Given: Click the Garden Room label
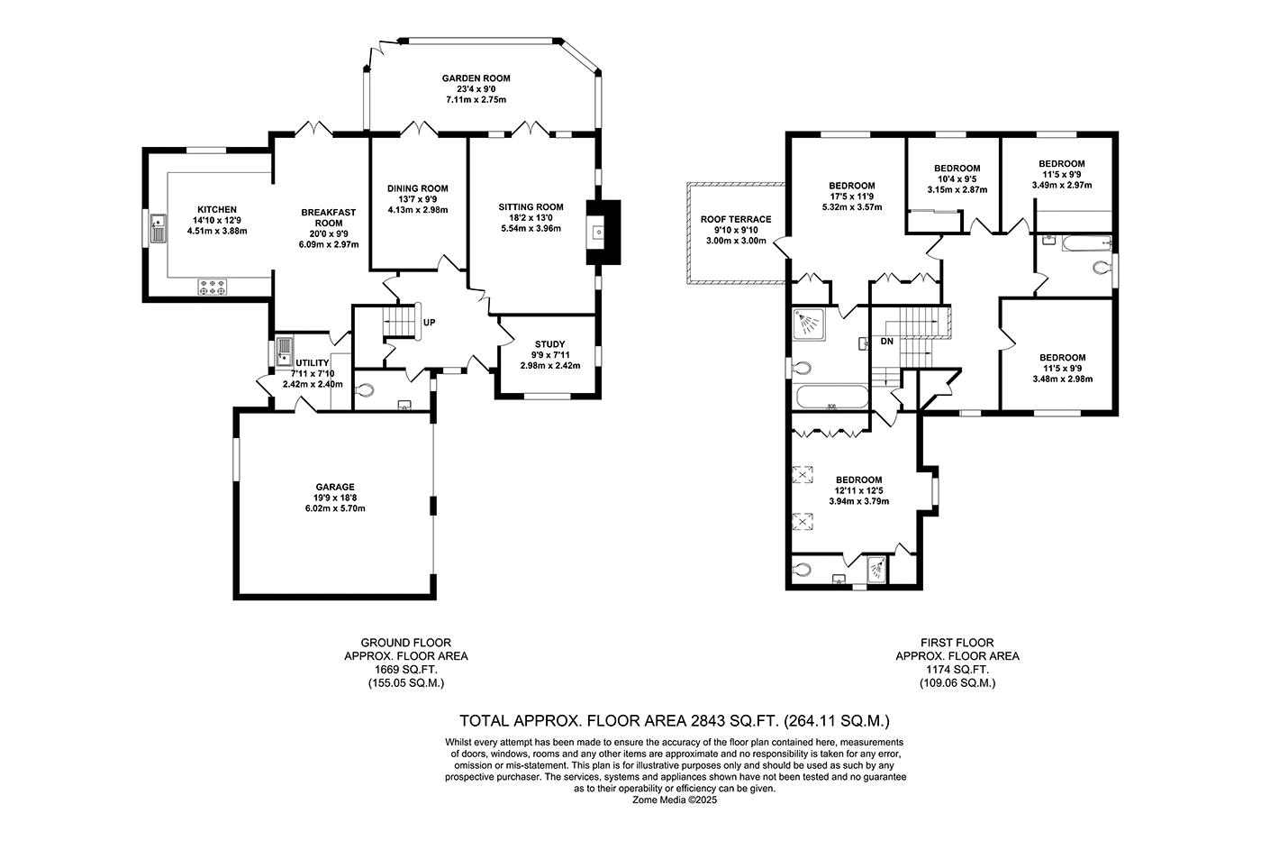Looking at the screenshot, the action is pos(476,78).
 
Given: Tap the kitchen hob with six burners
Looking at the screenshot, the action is pos(213,287).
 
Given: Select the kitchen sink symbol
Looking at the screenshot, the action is pos(158,229).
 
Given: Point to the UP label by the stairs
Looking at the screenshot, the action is pos(429,323).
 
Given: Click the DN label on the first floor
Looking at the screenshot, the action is pos(886,342).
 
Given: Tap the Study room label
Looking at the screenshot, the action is pos(549,344).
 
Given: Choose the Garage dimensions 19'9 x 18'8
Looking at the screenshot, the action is pos(335,498).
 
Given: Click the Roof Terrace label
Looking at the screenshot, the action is pos(736,219).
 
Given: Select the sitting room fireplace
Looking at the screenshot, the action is pos(603,232).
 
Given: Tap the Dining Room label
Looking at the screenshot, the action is pos(418,188).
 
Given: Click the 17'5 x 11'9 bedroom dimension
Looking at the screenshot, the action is pos(852,197).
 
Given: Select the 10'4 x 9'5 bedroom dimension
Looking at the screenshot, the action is pos(957,179).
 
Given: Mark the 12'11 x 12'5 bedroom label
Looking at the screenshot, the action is pos(858,490).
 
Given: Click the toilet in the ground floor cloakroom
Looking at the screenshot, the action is pos(366,389).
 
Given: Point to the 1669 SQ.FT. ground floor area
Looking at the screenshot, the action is pos(406,670).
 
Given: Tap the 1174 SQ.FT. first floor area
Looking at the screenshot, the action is pos(957,670).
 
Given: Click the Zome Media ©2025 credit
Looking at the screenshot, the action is pos(675,800).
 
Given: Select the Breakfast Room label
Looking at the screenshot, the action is pos(329,218).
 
